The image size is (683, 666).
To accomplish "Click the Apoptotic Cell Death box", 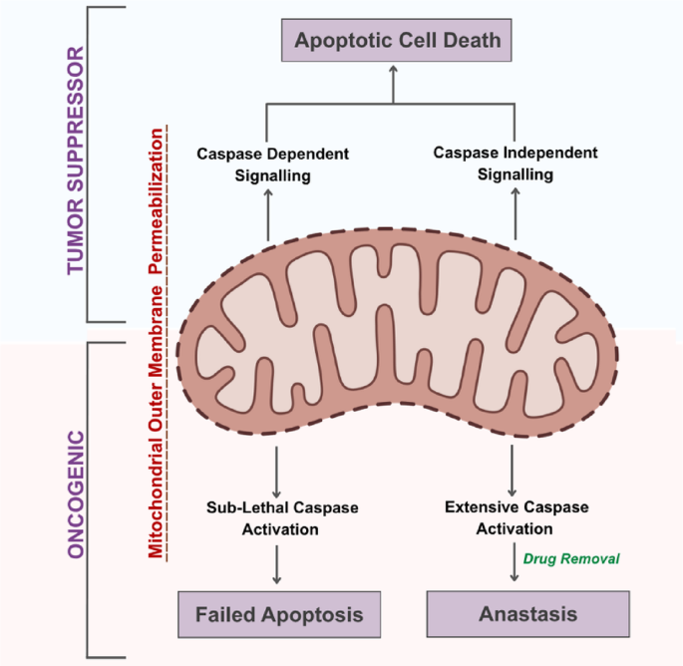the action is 397,40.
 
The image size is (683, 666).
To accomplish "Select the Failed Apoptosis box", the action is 279,614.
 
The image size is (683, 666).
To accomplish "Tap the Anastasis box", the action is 527,614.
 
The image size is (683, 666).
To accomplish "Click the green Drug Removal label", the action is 571,559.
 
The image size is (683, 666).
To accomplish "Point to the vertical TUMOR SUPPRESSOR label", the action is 76,161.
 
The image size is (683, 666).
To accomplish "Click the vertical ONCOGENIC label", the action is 76,495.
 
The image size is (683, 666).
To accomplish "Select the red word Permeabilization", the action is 156,201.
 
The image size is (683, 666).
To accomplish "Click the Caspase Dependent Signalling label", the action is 272,165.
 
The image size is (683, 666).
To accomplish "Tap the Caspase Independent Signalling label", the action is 515,164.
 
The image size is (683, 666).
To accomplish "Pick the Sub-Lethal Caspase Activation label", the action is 282,518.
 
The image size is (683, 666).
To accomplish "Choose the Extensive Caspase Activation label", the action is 516,517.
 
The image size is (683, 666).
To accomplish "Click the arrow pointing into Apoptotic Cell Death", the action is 393,85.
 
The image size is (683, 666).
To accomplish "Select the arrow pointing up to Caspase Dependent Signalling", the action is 268,214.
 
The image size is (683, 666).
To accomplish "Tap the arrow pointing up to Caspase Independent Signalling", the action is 515,213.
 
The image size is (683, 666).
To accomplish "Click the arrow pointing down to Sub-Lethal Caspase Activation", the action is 276,472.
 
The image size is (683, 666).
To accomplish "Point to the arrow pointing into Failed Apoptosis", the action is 276,565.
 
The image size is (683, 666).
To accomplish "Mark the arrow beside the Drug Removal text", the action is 514,562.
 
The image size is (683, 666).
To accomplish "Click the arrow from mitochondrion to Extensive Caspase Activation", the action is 512,471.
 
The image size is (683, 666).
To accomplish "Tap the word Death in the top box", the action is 473,40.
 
